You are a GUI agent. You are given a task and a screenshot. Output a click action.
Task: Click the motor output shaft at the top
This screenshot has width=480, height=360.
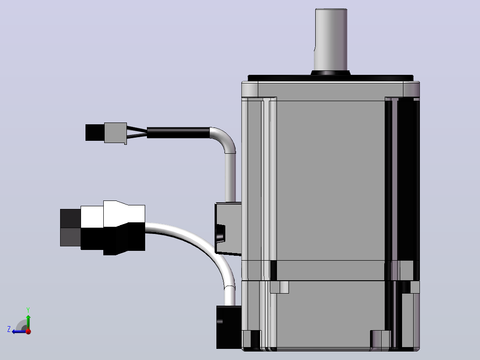coord(331,40)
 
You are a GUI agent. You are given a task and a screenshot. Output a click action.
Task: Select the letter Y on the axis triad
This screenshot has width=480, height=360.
coord(28,310)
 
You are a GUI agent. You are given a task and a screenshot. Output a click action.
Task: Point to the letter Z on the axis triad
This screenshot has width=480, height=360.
coord(9,329)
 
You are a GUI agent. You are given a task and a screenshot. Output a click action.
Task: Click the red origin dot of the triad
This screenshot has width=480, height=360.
coord(28,331)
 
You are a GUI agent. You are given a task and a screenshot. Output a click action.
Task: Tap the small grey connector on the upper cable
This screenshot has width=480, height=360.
coord(115,133)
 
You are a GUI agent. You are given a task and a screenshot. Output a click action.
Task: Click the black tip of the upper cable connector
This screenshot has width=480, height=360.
coord(95,132)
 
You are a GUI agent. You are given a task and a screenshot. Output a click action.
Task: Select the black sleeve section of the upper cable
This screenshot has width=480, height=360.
coord(178,133)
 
